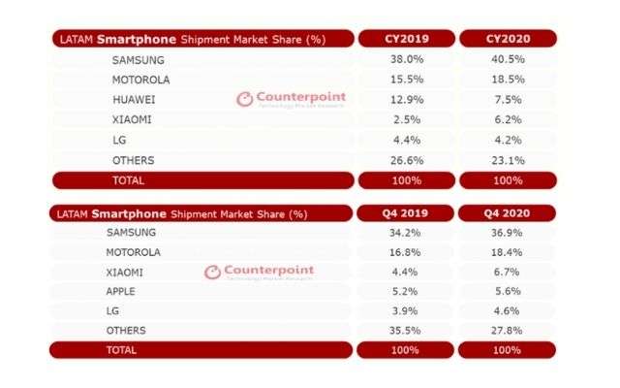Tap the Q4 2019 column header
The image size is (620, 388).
click(406, 213)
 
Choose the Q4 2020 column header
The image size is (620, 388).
click(509, 213)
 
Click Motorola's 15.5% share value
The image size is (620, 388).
click(406, 78)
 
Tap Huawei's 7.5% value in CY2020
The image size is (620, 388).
click(509, 98)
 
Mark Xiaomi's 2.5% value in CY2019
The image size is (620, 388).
click(406, 118)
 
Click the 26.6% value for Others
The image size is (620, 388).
click(406, 159)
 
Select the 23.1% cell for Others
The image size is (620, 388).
click(509, 159)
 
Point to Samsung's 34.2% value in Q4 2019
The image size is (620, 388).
click(406, 234)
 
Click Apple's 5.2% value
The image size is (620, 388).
click(406, 289)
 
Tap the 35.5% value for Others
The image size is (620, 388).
click(406, 330)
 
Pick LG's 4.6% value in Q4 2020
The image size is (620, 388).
click(509, 309)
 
